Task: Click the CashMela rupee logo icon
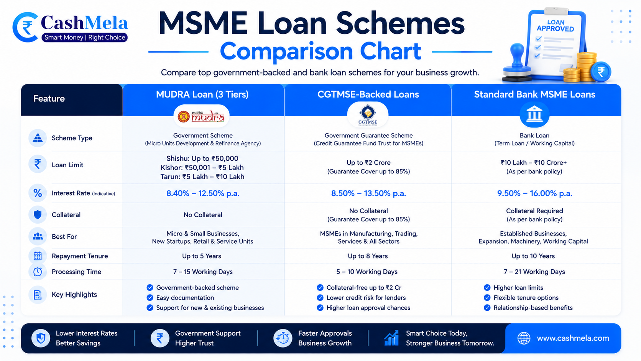pos(25,27)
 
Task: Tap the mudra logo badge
pos(201,116)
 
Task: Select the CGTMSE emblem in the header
pos(368,114)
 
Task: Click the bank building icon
pos(534,114)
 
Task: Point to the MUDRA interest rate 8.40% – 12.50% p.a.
pos(202,193)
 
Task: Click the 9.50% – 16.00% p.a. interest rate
pos(534,193)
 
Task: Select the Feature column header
pos(49,99)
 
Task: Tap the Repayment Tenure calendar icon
pos(38,256)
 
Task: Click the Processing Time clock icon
pos(38,272)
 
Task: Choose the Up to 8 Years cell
pos(368,256)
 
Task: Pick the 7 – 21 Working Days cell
pos(534,272)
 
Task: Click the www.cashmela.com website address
pos(573,338)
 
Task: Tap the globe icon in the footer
pos(524,338)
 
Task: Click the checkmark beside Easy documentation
pos(150,298)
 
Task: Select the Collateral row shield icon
pos(38,215)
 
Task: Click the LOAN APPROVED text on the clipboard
pos(555,26)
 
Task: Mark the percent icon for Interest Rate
pos(38,193)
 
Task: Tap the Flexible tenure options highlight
pos(526,298)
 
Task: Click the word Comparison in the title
pos(286,51)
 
